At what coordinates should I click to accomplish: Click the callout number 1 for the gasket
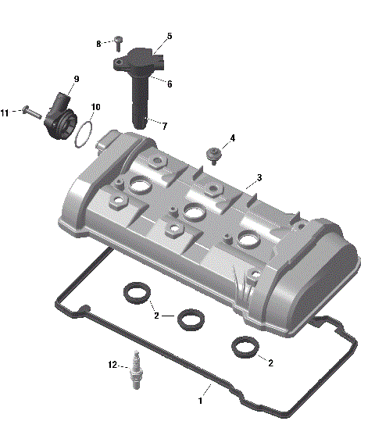click(200, 401)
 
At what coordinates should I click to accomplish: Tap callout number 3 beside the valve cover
click(259, 178)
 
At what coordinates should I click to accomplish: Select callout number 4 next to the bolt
click(232, 139)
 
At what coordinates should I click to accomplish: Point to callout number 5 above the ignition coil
click(170, 37)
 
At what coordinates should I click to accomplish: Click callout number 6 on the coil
click(170, 84)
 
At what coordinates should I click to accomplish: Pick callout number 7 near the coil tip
click(164, 125)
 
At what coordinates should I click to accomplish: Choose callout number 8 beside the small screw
click(98, 44)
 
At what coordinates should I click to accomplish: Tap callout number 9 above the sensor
click(77, 79)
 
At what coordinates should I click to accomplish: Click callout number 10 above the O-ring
click(95, 107)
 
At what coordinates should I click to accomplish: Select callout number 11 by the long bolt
click(5, 113)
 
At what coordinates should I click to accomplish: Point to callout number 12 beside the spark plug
click(112, 365)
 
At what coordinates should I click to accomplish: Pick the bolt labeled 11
click(29, 112)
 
